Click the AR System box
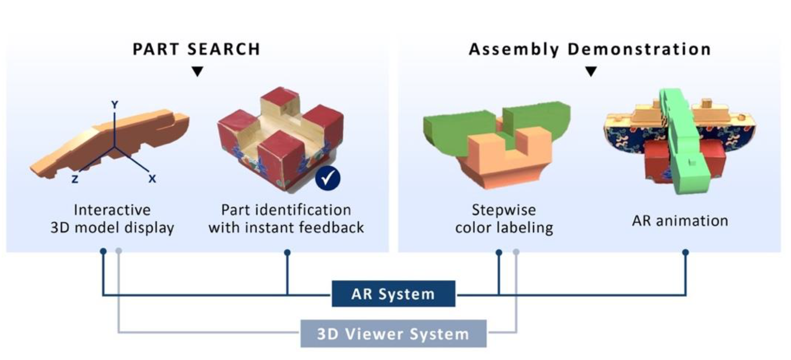click(x=393, y=294)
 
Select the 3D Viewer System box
click(x=393, y=334)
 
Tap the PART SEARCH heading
click(x=196, y=49)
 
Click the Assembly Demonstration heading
click(x=590, y=49)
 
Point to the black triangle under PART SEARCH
click(x=197, y=71)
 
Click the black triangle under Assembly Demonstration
click(x=591, y=71)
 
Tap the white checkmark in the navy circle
click(x=328, y=178)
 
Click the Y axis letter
click(x=115, y=105)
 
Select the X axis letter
click(x=152, y=179)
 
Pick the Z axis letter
click(x=75, y=179)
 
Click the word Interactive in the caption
click(x=112, y=210)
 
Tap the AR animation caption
click(x=680, y=221)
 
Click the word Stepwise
click(x=504, y=210)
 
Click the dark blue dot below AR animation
click(x=685, y=252)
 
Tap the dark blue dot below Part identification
click(x=287, y=252)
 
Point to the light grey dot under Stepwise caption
click(x=516, y=252)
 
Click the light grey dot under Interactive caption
click(x=119, y=251)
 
